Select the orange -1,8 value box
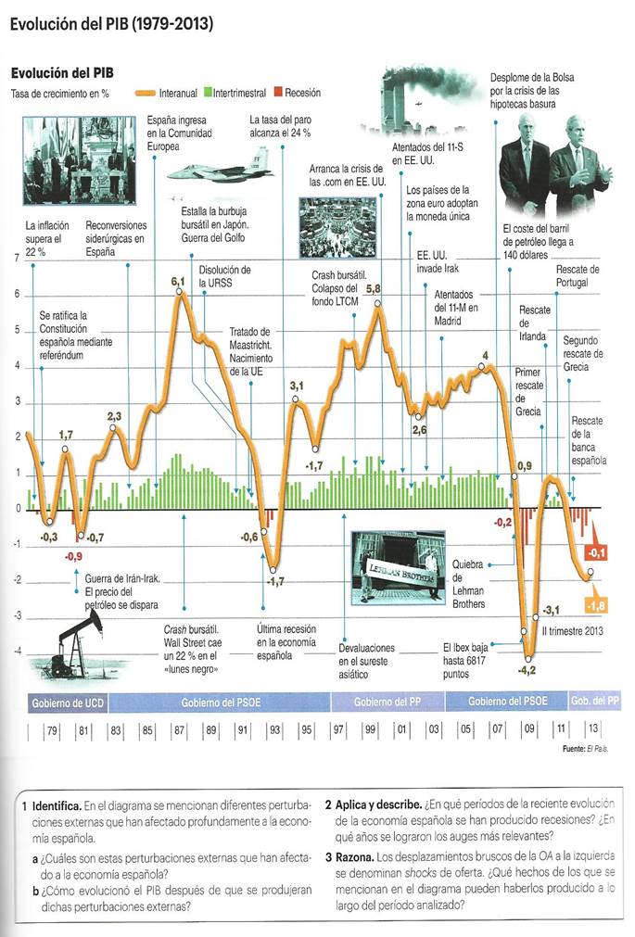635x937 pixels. (598, 606)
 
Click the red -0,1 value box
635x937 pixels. (598, 553)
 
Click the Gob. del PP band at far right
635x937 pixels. (594, 702)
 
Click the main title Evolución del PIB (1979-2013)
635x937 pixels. (111, 25)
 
